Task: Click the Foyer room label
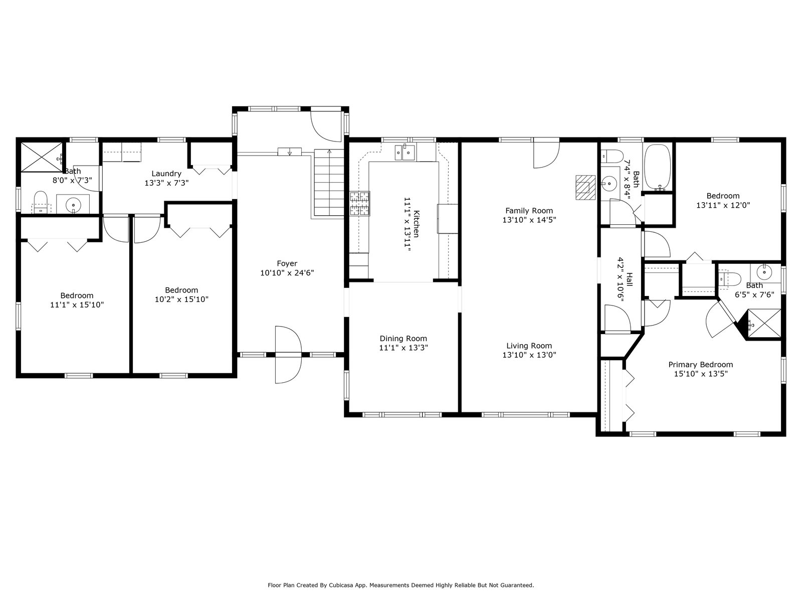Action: tap(287, 263)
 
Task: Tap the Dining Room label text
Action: tap(404, 339)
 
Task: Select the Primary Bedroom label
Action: tap(701, 365)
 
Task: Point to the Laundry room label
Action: tap(166, 174)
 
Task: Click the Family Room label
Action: tap(529, 211)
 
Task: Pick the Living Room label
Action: tap(529, 346)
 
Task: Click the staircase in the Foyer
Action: tap(329, 183)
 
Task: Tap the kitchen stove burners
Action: tap(360, 204)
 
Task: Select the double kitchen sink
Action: tap(405, 153)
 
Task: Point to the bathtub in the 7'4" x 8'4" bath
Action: tap(658, 167)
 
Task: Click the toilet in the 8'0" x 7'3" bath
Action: tap(41, 202)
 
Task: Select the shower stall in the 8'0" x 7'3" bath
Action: tap(42, 157)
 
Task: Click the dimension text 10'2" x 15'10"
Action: tap(181, 299)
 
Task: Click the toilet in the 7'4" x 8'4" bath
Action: tap(612, 156)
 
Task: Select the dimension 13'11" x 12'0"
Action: tap(723, 205)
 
